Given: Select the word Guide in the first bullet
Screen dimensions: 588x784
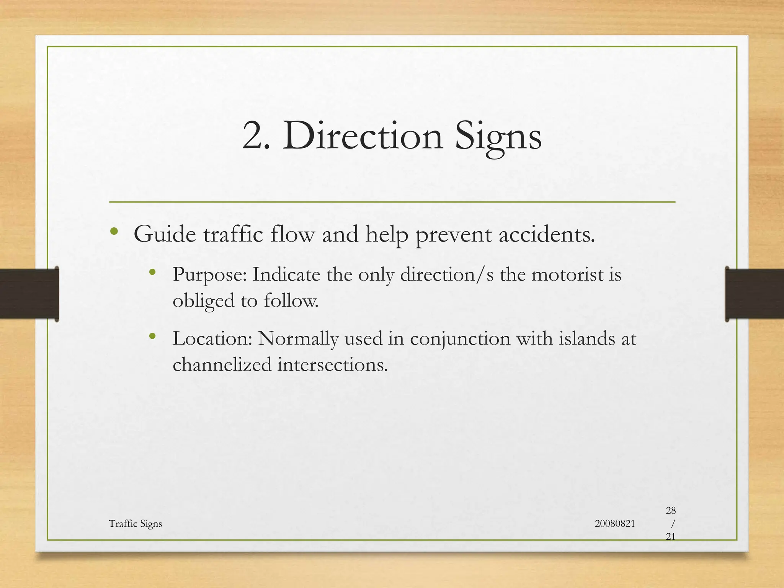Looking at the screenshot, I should pos(165,234).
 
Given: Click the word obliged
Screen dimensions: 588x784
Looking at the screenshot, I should pos(203,301).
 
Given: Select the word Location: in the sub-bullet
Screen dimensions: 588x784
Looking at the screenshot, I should pos(212,338).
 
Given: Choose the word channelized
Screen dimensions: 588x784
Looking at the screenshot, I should pos(222,364).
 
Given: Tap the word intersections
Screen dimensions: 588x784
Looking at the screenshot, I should pos(332,364).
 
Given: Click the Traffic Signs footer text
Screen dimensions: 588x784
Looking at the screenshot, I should pos(135,524).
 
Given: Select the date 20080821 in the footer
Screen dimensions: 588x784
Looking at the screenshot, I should pos(615,524).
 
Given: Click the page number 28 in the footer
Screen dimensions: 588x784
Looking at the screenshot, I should pos(671,510).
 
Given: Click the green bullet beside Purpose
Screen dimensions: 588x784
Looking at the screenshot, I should pos(152,272).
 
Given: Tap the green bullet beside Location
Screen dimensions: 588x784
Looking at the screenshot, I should pos(152,336).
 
